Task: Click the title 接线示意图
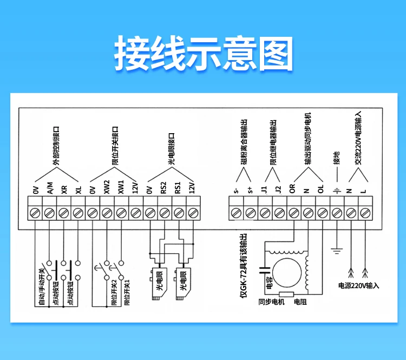pos(204,54)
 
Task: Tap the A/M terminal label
pos(50,188)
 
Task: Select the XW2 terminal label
pos(107,187)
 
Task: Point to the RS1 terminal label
pos(178,188)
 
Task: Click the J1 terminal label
pos(264,190)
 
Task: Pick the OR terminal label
pos(292,188)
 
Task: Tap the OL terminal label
pos(321,189)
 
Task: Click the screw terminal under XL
pos(78,213)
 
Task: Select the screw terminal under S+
pos(251,213)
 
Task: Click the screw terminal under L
pos(365,213)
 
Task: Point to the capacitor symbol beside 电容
pos(265,270)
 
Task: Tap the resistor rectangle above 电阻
pos(286,294)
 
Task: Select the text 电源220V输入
pos(358,286)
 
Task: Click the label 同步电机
pos(271,302)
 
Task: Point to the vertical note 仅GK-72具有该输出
pos(244,266)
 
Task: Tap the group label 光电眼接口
pos(171,149)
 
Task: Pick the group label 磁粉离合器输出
pos(244,141)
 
